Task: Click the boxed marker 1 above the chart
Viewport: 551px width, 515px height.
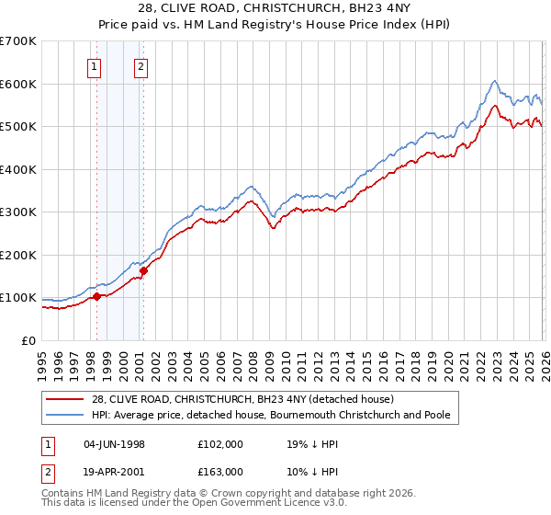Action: (96, 66)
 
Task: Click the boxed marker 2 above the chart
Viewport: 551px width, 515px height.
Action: (141, 66)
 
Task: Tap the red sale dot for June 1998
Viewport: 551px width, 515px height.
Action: (96, 296)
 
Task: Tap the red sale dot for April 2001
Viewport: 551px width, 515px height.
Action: (143, 270)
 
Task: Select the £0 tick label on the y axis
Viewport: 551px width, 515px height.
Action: (29, 340)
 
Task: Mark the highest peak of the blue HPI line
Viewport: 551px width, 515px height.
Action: (494, 80)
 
